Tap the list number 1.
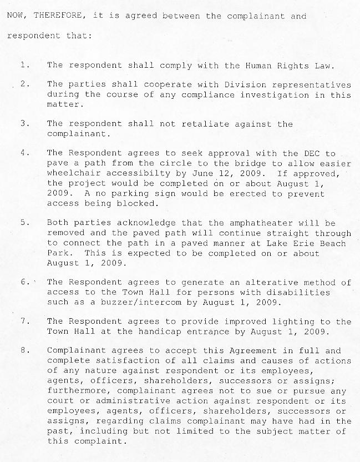(x=23, y=65)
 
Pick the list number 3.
(x=24, y=124)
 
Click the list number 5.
(x=24, y=222)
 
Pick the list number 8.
(x=24, y=350)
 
